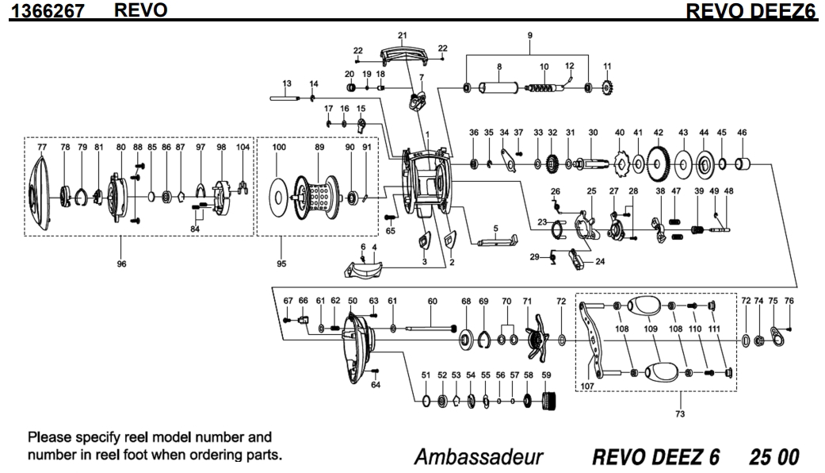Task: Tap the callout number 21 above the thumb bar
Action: coord(402,37)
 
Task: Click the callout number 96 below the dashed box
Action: coord(121,264)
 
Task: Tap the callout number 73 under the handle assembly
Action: coord(680,413)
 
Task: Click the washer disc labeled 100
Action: coord(280,194)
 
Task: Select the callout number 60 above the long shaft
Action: coord(432,302)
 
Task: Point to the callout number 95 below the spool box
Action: coord(281,264)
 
